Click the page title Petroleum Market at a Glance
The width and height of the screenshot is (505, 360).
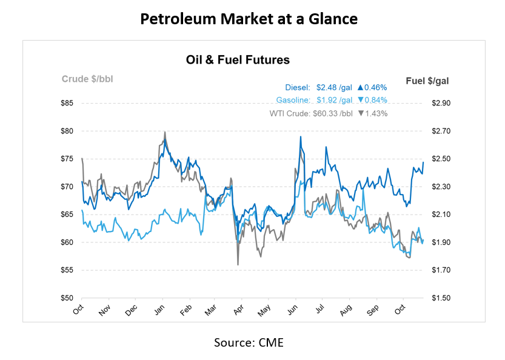pyautogui.click(x=249, y=19)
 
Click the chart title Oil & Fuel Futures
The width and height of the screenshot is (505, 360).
pyautogui.click(x=238, y=59)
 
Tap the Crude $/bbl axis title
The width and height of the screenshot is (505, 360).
pyautogui.click(x=87, y=79)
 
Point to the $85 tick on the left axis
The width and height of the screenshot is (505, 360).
pyautogui.click(x=67, y=103)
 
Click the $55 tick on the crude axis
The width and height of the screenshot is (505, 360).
pyautogui.click(x=67, y=270)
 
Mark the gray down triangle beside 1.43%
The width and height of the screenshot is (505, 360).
pyautogui.click(x=361, y=113)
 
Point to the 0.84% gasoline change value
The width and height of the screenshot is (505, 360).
pyautogui.click(x=376, y=100)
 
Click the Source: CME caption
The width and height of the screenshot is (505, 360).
pyautogui.click(x=249, y=342)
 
